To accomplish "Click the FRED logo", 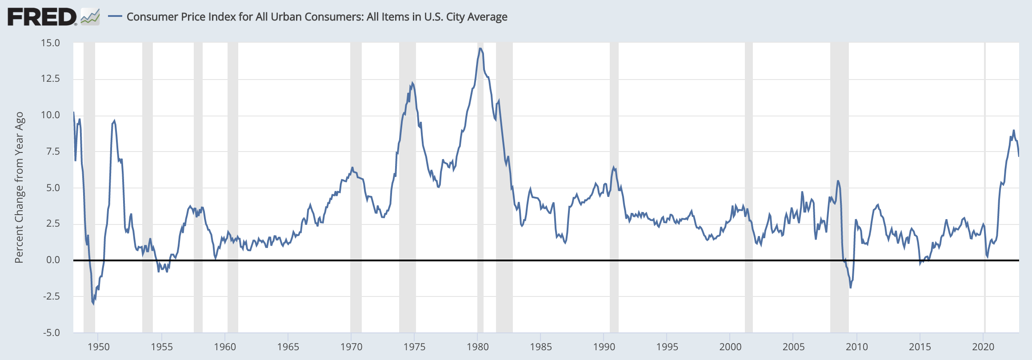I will (x=42, y=17).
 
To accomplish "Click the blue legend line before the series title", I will (x=115, y=17).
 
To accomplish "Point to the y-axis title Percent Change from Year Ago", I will (x=19, y=187).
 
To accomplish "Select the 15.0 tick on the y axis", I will (x=50, y=43).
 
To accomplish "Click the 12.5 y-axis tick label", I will (x=50, y=79).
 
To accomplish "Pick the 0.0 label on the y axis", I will (x=53, y=260).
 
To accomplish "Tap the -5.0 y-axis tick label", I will (x=51, y=332).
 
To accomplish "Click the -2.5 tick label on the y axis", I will (x=51, y=296).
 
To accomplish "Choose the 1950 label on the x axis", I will (x=99, y=347).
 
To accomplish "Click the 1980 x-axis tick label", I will (x=478, y=347).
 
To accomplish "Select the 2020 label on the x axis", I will (x=984, y=347).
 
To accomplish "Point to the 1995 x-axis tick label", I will (x=667, y=347).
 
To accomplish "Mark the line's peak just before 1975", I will (x=412, y=83).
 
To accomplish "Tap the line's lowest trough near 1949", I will (x=93, y=304).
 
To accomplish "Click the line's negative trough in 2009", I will (x=851, y=288).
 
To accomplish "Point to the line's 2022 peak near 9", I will (x=1014, y=130).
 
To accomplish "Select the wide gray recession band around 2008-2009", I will (x=839, y=187).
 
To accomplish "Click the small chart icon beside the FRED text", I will (x=90, y=17).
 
